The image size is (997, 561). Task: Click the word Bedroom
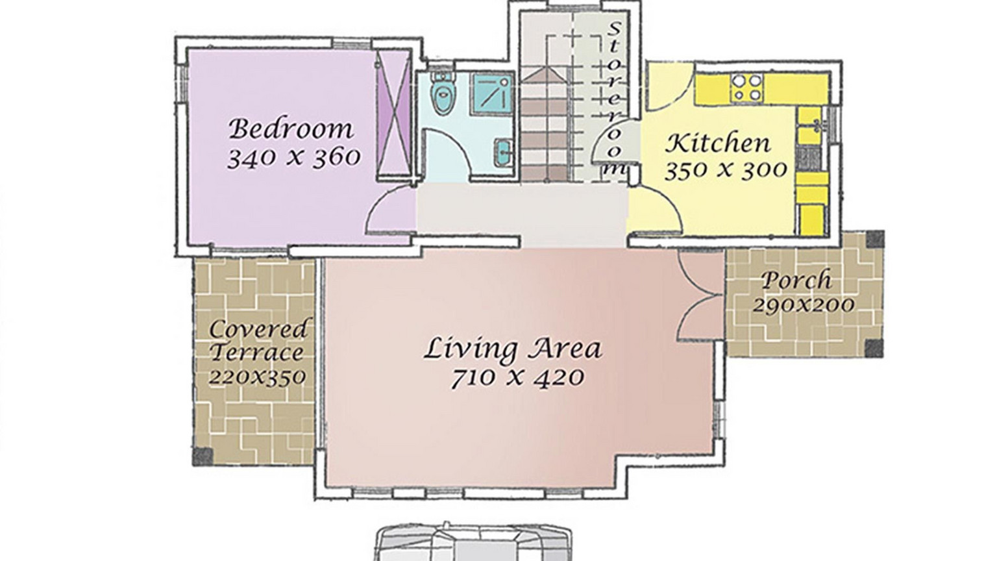point(291,129)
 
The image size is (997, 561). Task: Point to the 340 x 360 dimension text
point(294,158)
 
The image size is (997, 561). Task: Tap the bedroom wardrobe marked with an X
point(393,115)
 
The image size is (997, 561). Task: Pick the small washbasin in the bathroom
point(504,153)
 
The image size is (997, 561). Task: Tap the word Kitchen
point(717,143)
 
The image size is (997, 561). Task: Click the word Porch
point(796,280)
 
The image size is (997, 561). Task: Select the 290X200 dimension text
point(803,305)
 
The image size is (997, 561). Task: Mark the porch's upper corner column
point(874,239)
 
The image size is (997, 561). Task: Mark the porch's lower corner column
point(874,349)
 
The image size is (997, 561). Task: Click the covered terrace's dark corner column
point(203,456)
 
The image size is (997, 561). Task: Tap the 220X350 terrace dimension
point(257,377)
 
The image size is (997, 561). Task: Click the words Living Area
point(513,349)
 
